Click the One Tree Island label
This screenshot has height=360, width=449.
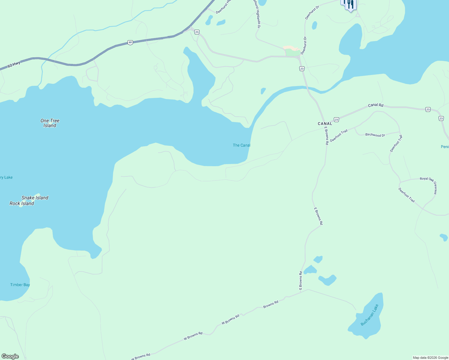point(50,123)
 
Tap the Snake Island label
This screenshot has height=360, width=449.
point(35,198)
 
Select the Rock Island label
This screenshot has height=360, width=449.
point(22,203)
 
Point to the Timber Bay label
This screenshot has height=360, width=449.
point(20,285)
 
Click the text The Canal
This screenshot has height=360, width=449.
point(241,145)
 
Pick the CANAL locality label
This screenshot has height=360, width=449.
point(325,124)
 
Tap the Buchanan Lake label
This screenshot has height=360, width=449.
point(369,315)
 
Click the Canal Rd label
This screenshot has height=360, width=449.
point(376,105)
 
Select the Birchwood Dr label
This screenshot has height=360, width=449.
point(375,135)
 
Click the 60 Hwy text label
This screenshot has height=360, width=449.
point(14,64)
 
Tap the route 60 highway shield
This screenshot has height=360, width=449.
point(130,43)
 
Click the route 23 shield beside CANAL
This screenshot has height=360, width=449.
point(336,120)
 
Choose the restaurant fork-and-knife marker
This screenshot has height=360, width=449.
point(350,5)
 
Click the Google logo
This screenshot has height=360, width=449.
point(10,356)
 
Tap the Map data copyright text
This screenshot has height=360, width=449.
point(430,358)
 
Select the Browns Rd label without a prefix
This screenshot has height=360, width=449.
point(271,304)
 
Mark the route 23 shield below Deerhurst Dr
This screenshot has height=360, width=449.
point(302,69)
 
